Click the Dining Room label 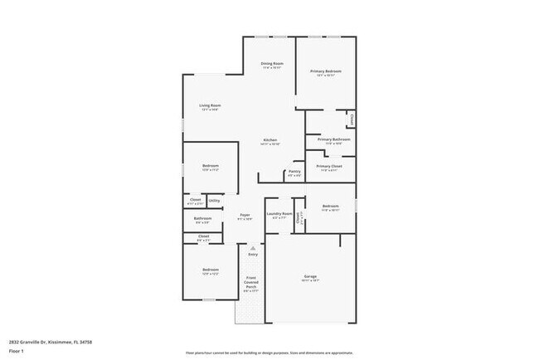(272, 64)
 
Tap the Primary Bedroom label (326, 71)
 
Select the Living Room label (210, 105)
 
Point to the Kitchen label (270, 139)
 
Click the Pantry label (294, 171)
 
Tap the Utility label (214, 200)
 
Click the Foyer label (245, 215)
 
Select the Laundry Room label (279, 214)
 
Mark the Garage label (310, 276)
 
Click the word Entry (253, 254)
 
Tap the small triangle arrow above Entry (253, 247)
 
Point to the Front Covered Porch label (251, 282)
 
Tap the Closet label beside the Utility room (196, 199)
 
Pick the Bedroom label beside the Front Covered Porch (210, 270)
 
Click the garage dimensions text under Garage (310, 281)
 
